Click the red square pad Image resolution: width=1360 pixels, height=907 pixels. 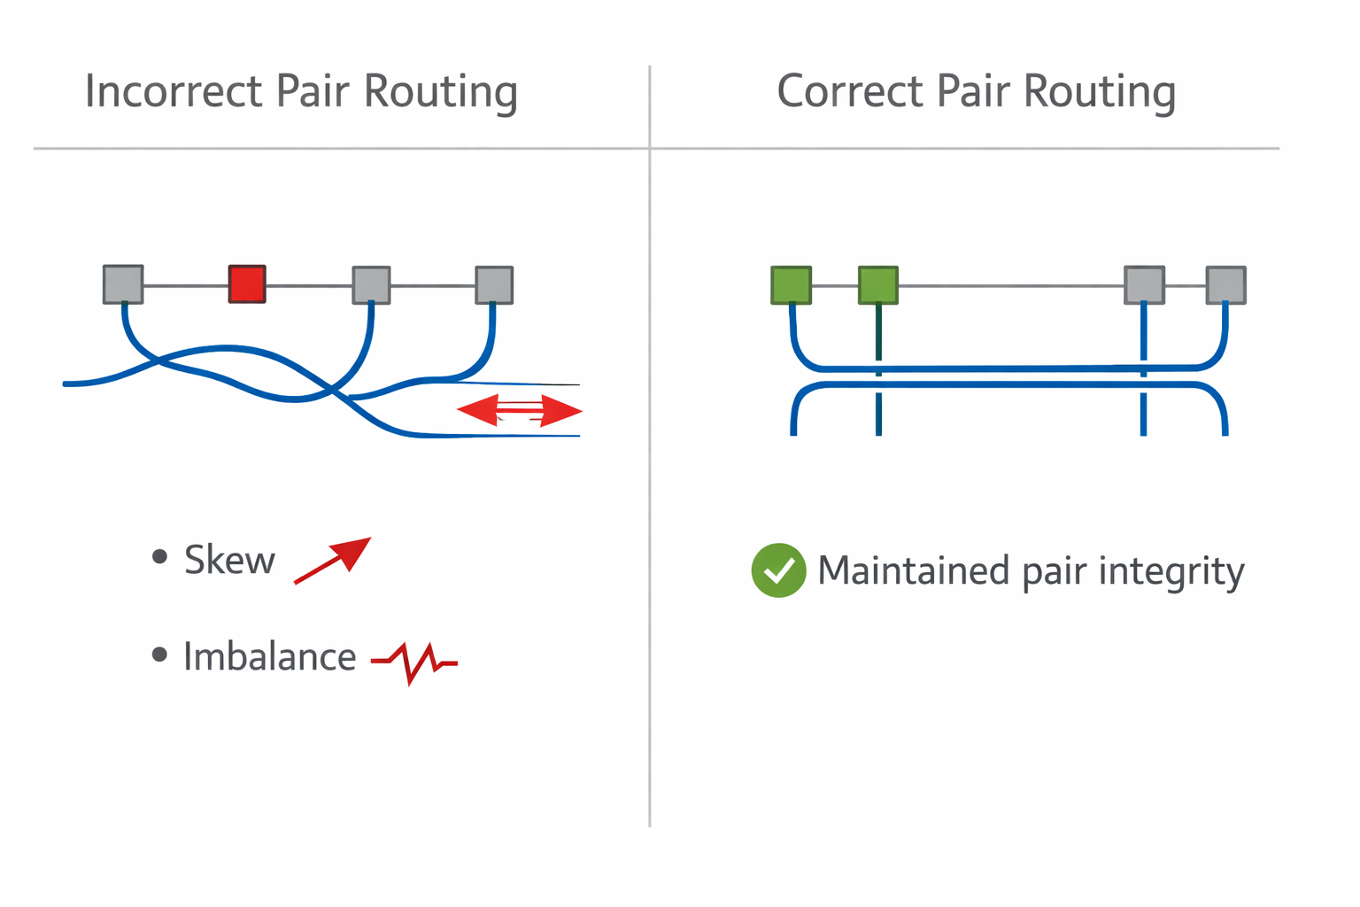(247, 284)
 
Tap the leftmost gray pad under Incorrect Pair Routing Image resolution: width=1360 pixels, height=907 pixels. (123, 284)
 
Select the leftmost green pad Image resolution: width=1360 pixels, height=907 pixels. (791, 285)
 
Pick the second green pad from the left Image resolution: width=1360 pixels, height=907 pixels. (878, 285)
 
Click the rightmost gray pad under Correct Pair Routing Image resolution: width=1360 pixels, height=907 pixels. (1226, 285)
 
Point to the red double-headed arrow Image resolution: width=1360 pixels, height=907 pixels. (520, 411)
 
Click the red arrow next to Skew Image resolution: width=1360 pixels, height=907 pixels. (333, 560)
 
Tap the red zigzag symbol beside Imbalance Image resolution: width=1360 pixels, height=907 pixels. (414, 661)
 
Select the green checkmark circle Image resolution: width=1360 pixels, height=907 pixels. (778, 570)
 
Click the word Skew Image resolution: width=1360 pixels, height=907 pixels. (229, 561)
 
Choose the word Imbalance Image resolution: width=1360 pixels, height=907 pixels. (269, 657)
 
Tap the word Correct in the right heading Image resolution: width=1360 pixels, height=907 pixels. (850, 91)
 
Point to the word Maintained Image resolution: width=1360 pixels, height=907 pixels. (913, 570)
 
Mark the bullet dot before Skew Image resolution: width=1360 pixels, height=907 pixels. (159, 557)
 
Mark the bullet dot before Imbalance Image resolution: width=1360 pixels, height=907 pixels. (159, 655)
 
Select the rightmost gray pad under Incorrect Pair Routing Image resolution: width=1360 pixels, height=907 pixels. (494, 285)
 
